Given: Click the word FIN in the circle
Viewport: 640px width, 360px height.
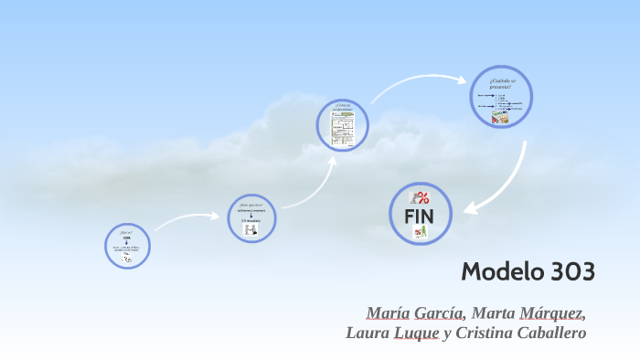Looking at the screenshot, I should click(x=421, y=216).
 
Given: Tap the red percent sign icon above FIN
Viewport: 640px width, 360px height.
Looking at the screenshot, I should click(x=420, y=197).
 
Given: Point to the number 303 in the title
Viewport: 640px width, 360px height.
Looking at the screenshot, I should click(x=572, y=271).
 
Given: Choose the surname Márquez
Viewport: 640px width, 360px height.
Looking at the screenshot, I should click(x=552, y=313).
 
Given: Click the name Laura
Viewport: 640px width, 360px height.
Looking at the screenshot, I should click(x=368, y=334).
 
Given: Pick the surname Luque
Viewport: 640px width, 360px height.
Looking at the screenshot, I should click(x=416, y=334).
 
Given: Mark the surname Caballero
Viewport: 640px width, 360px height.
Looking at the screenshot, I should click(x=551, y=334).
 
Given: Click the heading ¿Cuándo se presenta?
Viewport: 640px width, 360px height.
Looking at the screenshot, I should click(x=499, y=84).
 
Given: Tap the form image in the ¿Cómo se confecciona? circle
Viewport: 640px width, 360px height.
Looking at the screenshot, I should click(x=343, y=128).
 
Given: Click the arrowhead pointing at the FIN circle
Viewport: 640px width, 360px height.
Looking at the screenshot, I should click(x=469, y=208).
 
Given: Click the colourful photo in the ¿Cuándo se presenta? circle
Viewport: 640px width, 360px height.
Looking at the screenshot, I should click(x=499, y=118).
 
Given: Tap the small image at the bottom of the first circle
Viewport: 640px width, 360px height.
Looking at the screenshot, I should click(x=127, y=259).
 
